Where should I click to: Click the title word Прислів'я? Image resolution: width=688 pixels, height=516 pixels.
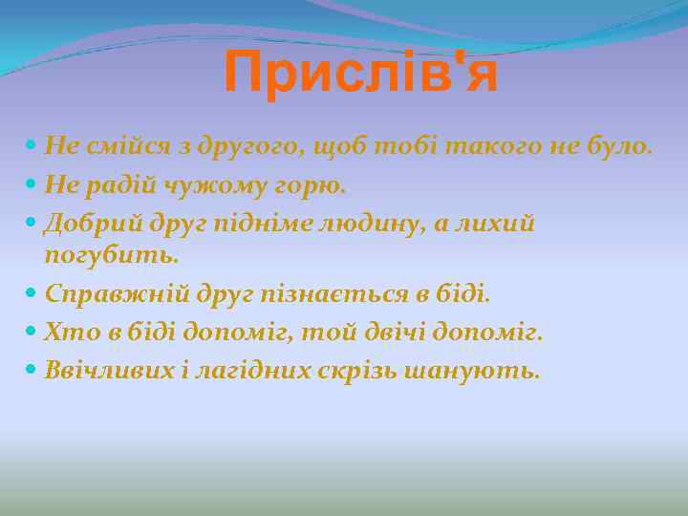361,74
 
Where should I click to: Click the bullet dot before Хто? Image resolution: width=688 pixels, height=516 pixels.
32,332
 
